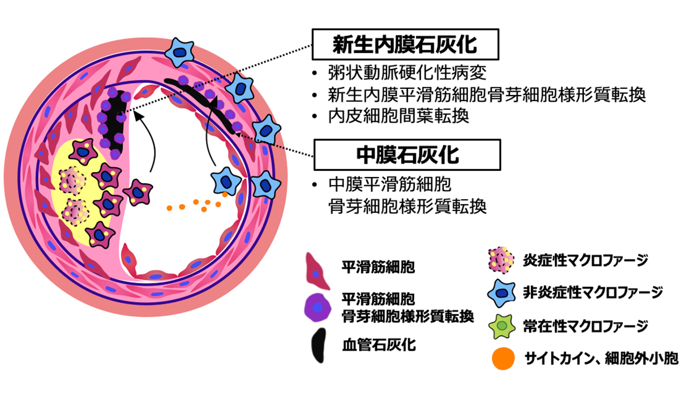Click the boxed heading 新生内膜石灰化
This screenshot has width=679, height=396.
pyautogui.click(x=405, y=45)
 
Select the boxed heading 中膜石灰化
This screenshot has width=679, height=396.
pyautogui.click(x=407, y=155)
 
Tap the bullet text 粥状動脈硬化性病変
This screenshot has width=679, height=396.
pyautogui.click(x=407, y=73)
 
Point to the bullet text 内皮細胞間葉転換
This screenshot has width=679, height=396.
pyautogui.click(x=398, y=116)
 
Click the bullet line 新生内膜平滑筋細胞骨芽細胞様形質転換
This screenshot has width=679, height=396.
pyautogui.click(x=487, y=94)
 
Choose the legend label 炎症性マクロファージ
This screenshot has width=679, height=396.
pyautogui.click(x=585, y=260)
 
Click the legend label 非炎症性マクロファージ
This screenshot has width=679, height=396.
pyautogui.click(x=592, y=292)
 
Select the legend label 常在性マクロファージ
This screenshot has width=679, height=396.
pyautogui.click(x=585, y=326)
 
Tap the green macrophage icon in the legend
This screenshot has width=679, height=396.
pyautogui.click(x=502, y=326)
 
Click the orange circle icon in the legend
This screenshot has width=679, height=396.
pyautogui.click(x=503, y=359)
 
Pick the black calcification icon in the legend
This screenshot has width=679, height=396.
pyautogui.click(x=319, y=346)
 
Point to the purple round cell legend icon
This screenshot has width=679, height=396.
pyautogui.click(x=317, y=308)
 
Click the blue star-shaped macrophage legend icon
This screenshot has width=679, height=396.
pyautogui.click(x=502, y=293)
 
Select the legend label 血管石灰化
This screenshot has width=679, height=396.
pyautogui.click(x=379, y=345)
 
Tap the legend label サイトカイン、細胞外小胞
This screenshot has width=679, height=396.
pyautogui.click(x=601, y=359)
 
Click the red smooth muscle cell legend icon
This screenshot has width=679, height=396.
pyautogui.click(x=317, y=271)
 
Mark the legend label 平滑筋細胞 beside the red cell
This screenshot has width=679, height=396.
pyautogui.click(x=379, y=267)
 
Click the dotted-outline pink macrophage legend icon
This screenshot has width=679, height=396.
pyautogui.click(x=501, y=260)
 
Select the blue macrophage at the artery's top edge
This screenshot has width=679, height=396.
pyautogui.click(x=180, y=52)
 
